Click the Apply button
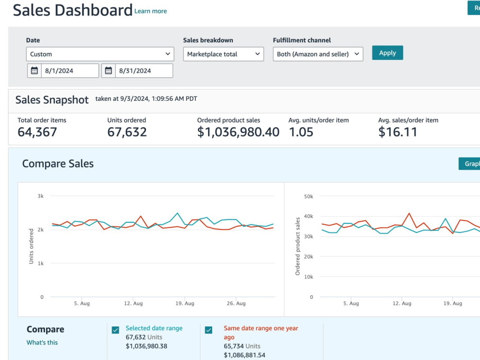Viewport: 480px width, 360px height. tap(387, 53)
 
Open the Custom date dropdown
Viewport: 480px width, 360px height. tap(100, 54)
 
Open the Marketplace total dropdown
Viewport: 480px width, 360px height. tap(224, 54)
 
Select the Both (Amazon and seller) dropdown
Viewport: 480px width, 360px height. tap(318, 54)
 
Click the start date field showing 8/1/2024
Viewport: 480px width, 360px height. tap(70, 71)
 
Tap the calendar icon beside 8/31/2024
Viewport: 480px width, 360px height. tap(108, 71)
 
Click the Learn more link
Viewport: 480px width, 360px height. tap(151, 11)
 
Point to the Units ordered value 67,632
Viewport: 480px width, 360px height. tap(127, 132)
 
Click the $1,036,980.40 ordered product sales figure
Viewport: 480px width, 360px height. tap(238, 132)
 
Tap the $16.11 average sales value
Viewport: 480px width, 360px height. tap(397, 132)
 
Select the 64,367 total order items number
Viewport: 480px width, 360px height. tap(37, 132)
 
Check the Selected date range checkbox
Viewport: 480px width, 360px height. tap(115, 330)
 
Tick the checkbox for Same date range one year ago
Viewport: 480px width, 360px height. tap(208, 330)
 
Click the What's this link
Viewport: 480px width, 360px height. tap(42, 342)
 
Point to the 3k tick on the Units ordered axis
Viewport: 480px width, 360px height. tap(40, 196)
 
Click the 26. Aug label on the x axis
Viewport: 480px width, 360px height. tap(236, 303)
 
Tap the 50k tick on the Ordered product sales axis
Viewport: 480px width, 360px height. tap(309, 196)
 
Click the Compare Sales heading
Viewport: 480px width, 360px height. tap(58, 164)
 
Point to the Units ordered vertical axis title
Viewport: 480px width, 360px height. tap(31, 246)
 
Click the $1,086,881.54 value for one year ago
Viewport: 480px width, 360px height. tap(245, 355)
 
